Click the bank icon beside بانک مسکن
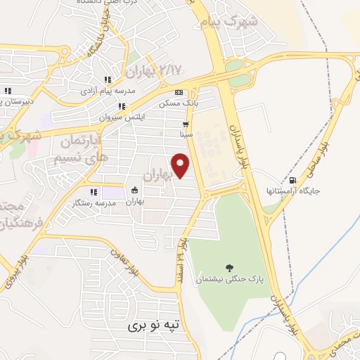pyautogui.click(x=179, y=92)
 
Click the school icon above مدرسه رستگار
pyautogui.click(x=93, y=192)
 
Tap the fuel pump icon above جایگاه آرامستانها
pyautogui.click(x=285, y=180)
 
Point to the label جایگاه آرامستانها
pyautogui.click(x=285, y=191)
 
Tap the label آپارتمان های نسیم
pyautogui.click(x=79, y=148)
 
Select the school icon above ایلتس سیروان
pyautogui.click(x=122, y=107)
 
